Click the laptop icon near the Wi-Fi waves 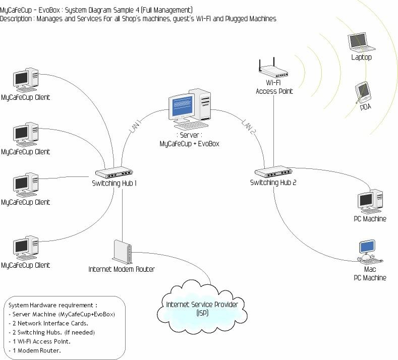[362, 43]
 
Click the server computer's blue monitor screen [182, 107]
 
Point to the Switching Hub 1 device [115, 172]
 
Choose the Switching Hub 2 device [273, 172]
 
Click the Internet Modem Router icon [123, 251]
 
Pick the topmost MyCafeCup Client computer [25, 80]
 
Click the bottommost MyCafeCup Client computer [25, 248]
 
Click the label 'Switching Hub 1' [115, 183]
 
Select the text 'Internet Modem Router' [122, 269]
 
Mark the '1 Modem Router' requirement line [35, 350]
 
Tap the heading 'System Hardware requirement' [52, 305]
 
